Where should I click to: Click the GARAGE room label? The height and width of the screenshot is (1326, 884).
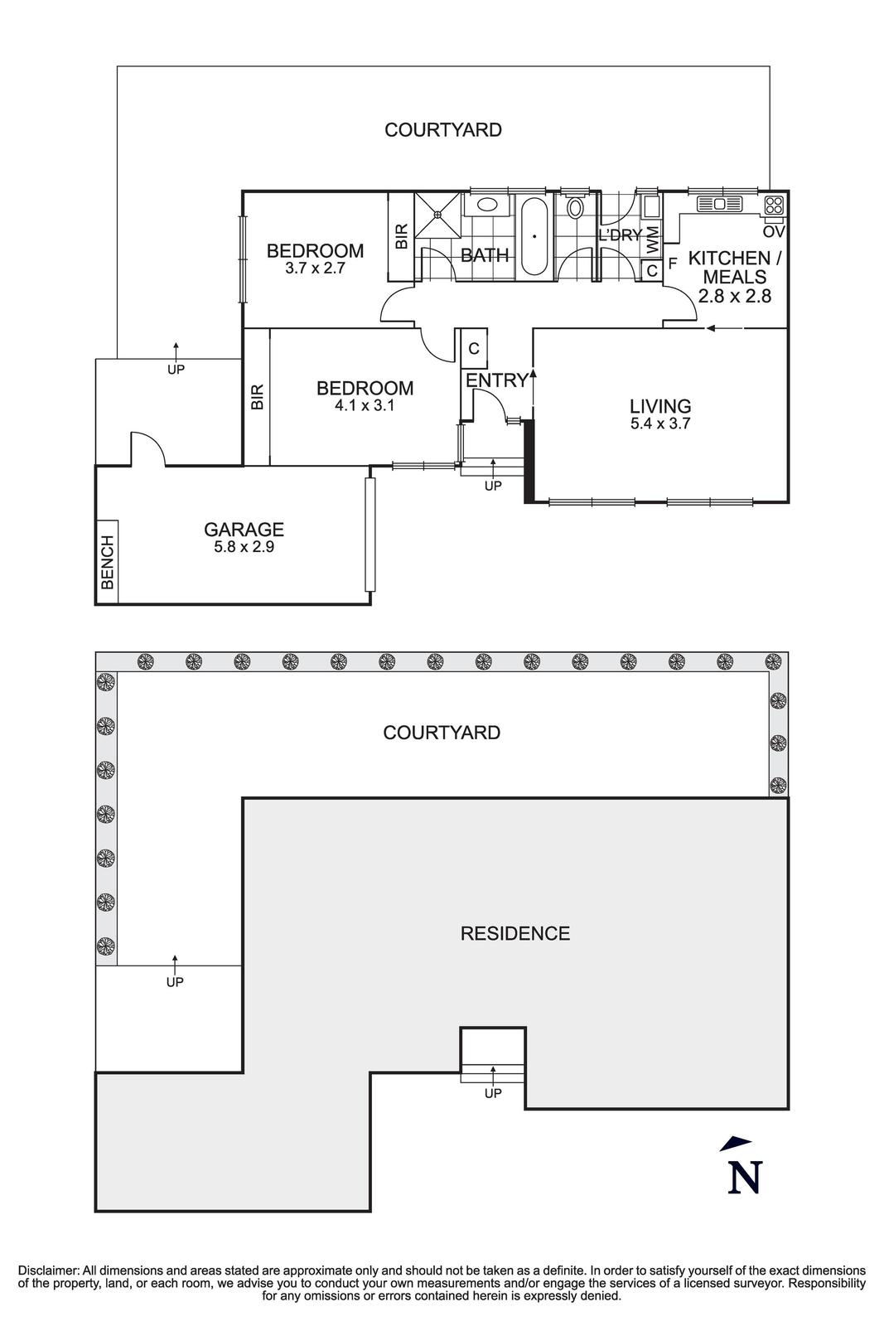point(244,529)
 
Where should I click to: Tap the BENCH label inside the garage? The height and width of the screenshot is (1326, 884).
point(107,562)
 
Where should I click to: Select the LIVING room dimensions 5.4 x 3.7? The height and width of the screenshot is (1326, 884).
point(660,423)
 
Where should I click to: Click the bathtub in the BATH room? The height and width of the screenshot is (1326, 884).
point(534,235)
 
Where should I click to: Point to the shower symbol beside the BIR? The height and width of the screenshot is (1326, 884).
point(436,214)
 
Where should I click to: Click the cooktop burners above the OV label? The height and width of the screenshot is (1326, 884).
point(775,205)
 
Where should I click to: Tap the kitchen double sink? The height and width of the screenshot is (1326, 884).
point(719,203)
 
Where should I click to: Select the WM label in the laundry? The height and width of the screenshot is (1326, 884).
point(653,240)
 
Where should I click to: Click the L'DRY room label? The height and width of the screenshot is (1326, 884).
point(620,235)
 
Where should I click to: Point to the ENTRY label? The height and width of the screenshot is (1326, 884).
point(496,380)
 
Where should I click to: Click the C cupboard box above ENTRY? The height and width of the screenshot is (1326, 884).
point(474,349)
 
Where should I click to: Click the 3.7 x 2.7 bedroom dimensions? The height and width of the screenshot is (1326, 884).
point(315,269)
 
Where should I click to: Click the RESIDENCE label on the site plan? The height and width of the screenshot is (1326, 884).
point(514,934)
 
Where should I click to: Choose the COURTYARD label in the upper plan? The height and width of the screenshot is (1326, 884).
point(442,130)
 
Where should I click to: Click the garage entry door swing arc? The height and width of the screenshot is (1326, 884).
point(148,448)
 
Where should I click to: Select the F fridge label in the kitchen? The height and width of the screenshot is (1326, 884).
point(673,263)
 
